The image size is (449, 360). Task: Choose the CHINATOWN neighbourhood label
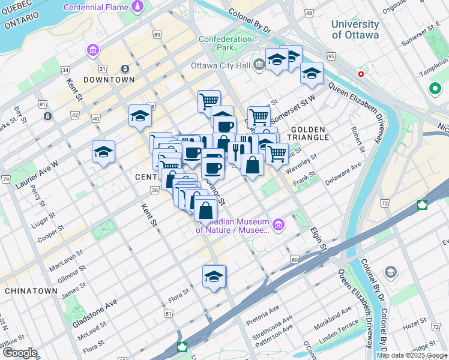(x=31, y=290)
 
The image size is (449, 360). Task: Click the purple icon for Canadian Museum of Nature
(x=278, y=225)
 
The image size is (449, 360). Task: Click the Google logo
(x=19, y=353)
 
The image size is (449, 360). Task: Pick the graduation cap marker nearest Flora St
(x=214, y=277)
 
